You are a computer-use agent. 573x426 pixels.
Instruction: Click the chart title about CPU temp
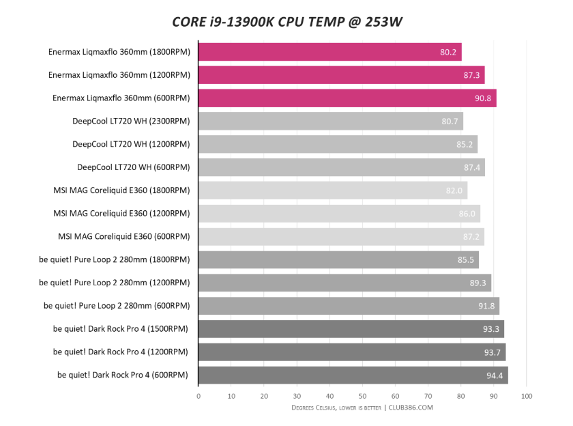click(287, 22)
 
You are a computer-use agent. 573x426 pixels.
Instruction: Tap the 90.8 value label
click(484, 98)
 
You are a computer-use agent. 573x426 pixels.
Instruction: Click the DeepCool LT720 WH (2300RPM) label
click(131, 122)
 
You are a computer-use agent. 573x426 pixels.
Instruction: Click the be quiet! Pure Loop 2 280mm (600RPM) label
click(117, 305)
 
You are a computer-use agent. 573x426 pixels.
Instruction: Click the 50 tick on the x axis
click(362, 396)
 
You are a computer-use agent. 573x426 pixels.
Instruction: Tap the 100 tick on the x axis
click(526, 396)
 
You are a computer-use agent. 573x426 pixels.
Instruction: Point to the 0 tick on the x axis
click(199, 396)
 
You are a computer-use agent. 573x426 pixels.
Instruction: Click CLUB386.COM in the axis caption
click(411, 408)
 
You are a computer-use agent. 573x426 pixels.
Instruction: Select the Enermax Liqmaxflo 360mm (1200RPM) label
click(119, 75)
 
